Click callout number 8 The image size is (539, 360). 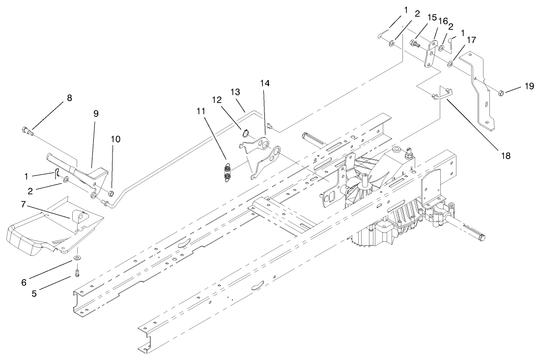(69, 98)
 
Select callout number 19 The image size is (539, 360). (529, 86)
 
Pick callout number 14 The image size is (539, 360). (265, 84)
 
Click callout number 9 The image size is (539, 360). (96, 113)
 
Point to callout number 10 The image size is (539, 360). (115, 139)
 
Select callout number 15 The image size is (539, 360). (432, 17)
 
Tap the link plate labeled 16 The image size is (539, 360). (431, 54)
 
